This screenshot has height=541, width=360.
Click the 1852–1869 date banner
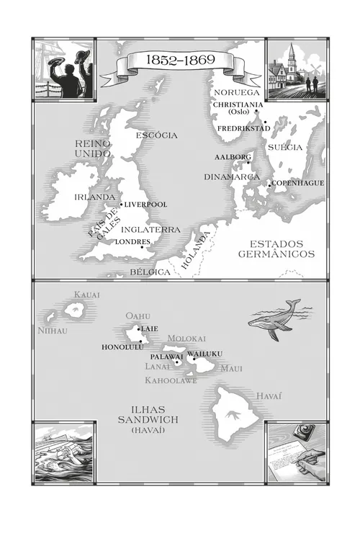tap(180, 61)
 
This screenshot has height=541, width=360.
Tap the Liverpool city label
tap(146, 205)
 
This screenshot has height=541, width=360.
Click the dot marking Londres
tap(142, 248)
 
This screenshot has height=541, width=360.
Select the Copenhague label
tap(298, 183)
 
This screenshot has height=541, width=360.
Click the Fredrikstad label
tap(243, 128)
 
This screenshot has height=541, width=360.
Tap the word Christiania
tap(238, 104)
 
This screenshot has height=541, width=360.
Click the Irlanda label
tap(95, 197)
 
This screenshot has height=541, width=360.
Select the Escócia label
tap(156, 135)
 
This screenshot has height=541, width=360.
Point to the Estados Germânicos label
tap(276, 249)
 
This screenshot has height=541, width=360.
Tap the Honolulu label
tap(120, 346)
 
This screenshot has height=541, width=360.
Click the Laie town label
tap(150, 328)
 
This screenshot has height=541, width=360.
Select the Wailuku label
tap(205, 353)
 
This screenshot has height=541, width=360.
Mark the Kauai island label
tap(86, 295)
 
